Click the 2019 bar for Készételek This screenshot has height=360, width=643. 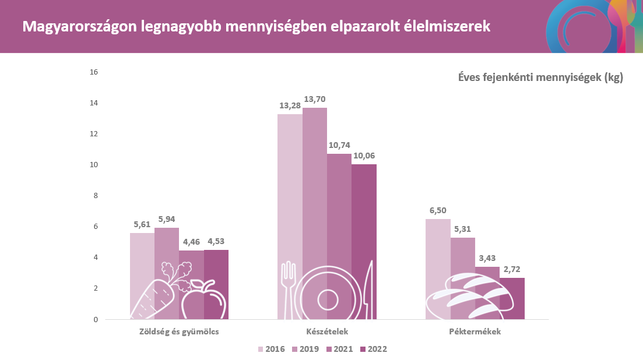314,186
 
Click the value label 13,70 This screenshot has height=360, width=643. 314,99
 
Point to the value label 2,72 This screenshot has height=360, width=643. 512,269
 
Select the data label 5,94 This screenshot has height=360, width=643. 167,219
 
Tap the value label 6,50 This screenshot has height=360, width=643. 438,210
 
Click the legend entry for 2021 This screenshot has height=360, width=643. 340,350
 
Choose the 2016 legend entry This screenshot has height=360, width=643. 272,350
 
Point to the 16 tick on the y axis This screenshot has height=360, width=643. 94,72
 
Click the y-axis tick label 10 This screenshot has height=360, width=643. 94,165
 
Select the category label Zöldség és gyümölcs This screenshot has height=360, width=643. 179,332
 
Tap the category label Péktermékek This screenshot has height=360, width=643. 475,332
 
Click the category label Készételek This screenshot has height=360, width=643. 327,332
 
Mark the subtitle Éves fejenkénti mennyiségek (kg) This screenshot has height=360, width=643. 540,77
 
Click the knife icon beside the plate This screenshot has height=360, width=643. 367,291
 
